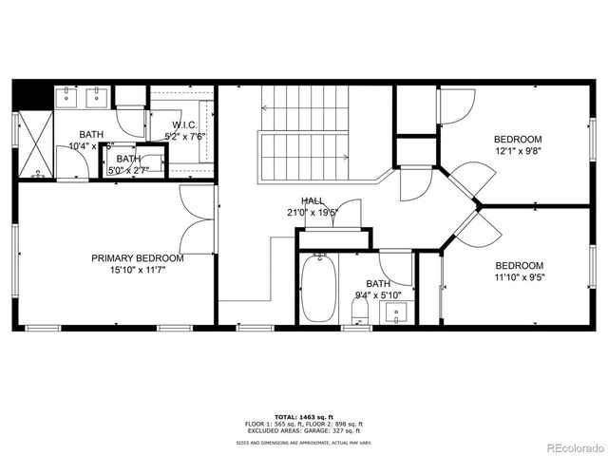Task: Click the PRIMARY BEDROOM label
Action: [138, 257]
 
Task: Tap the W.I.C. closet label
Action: [184, 125]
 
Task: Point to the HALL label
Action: [313, 200]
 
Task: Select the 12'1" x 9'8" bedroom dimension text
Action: [518, 150]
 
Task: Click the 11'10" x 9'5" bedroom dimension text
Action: [519, 277]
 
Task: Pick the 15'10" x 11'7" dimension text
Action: [138, 270]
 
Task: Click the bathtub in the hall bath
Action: [316, 289]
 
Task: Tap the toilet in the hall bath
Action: [359, 314]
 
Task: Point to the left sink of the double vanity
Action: [68, 95]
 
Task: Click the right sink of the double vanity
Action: [96, 95]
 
